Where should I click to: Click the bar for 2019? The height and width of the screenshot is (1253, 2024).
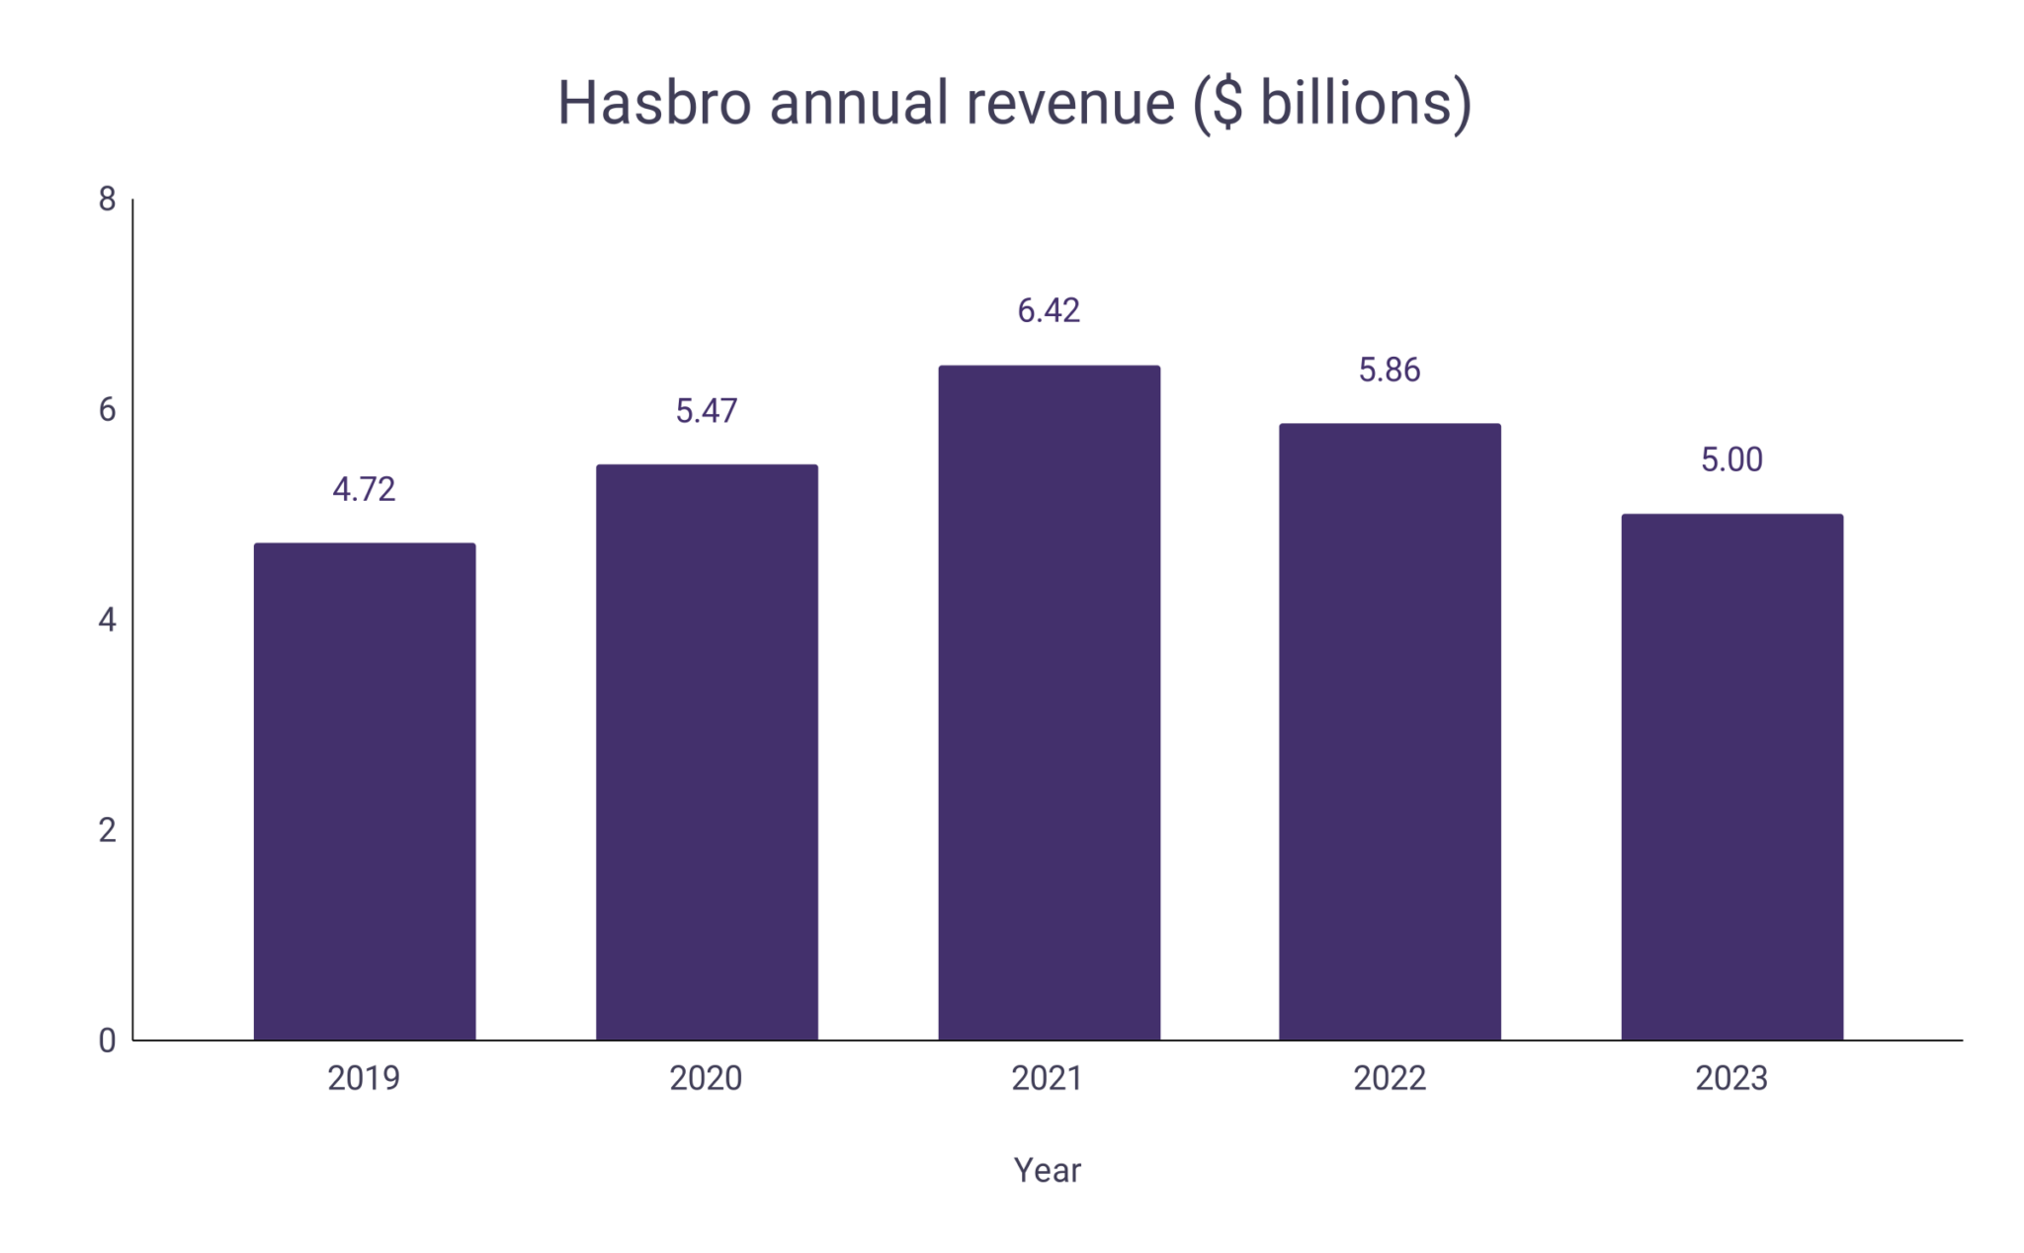point(365,791)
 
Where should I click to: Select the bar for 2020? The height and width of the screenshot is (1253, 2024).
point(707,751)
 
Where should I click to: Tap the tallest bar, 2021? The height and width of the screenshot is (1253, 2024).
point(1049,702)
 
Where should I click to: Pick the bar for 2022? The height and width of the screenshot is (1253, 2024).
point(1390,731)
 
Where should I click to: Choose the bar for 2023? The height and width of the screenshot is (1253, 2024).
point(1731,776)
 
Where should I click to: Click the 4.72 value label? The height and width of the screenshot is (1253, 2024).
point(364,489)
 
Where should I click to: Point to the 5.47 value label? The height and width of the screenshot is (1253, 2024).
point(707,410)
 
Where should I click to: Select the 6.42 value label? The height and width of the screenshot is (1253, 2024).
point(1049,310)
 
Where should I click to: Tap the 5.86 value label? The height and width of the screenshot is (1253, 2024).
point(1390,370)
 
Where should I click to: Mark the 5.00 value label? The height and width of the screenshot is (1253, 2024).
point(1731,459)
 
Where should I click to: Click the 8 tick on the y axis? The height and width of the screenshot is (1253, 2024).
point(107,200)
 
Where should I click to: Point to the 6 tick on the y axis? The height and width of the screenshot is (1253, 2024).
point(107,409)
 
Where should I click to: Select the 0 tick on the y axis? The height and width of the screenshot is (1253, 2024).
point(107,1041)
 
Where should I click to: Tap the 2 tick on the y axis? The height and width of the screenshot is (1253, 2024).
point(107,830)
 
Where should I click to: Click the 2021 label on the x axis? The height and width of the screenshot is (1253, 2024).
point(1048,1078)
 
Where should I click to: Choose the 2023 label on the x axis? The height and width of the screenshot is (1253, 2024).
point(1731,1078)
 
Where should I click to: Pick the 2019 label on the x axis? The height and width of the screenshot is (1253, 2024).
point(364,1078)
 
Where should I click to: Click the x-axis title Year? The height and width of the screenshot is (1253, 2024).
point(1048,1170)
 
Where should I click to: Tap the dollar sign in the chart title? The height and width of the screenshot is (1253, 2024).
point(1226,102)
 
